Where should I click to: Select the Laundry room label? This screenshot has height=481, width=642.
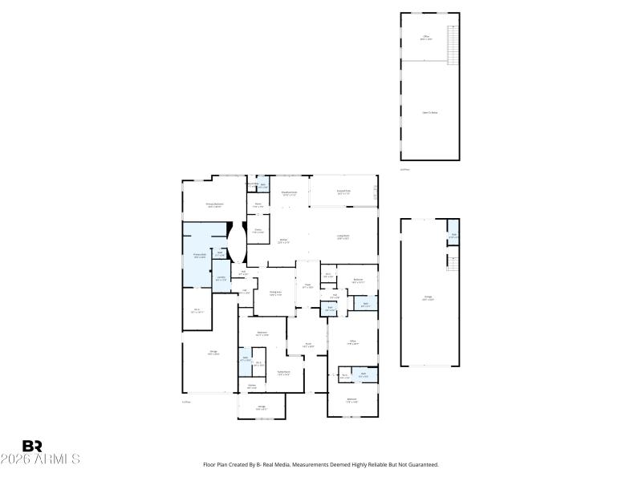point(221,278)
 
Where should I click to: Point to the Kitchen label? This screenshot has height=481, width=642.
point(283,240)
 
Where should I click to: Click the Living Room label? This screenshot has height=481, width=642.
point(343,236)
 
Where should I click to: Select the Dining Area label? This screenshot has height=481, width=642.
point(274,293)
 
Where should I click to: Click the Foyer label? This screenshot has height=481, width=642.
point(307,285)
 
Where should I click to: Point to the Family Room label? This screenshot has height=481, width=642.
point(283,373)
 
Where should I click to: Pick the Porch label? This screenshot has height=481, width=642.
point(307,345)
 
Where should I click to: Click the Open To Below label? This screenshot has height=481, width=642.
point(430,113)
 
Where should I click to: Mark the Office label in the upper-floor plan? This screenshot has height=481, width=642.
point(426,38)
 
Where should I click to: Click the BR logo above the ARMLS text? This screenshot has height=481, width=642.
point(32,446)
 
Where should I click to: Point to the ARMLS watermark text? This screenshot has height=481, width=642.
point(40,459)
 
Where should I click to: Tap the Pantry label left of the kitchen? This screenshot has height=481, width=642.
point(258,231)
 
